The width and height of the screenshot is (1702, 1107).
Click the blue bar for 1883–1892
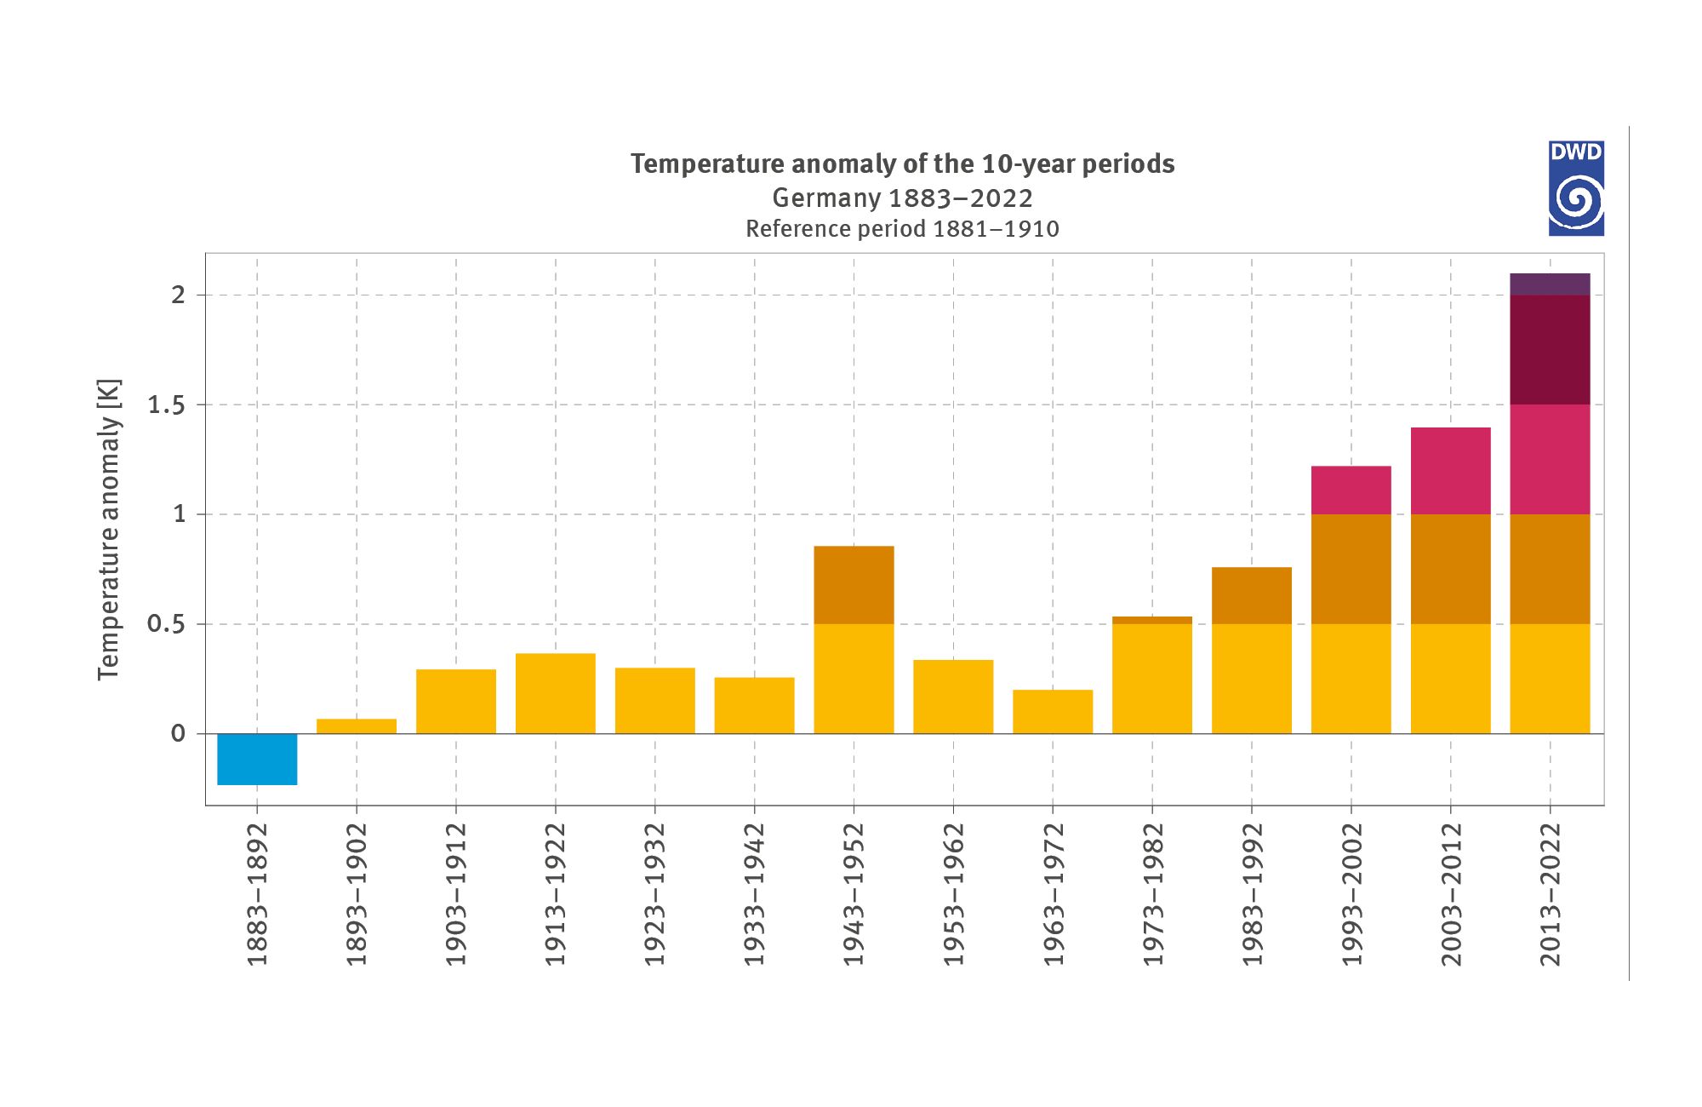257,759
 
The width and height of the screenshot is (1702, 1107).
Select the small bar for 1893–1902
357,726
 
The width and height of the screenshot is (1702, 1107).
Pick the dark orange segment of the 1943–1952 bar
854,585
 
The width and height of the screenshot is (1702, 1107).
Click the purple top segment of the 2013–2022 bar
1550,284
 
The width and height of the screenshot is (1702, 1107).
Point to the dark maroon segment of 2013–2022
1550,350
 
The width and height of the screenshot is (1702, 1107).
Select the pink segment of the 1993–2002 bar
1351,490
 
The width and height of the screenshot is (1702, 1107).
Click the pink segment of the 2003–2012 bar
1450,471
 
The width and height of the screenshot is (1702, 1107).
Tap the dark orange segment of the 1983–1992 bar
1251,596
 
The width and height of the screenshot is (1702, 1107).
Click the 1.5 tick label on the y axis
166,405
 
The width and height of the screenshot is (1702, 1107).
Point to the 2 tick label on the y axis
178,295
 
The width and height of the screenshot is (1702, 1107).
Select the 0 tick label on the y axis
178,734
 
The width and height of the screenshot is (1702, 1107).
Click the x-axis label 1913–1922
555,894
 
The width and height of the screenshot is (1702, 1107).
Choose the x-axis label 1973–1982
1152,894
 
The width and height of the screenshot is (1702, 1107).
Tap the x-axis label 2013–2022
1550,894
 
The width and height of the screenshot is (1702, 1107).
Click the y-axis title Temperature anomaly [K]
109,530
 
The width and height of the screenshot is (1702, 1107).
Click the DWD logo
1576,189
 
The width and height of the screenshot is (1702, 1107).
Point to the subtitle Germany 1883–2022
902,198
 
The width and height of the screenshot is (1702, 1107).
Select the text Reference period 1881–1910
902,229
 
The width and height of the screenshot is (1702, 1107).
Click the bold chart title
902,163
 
